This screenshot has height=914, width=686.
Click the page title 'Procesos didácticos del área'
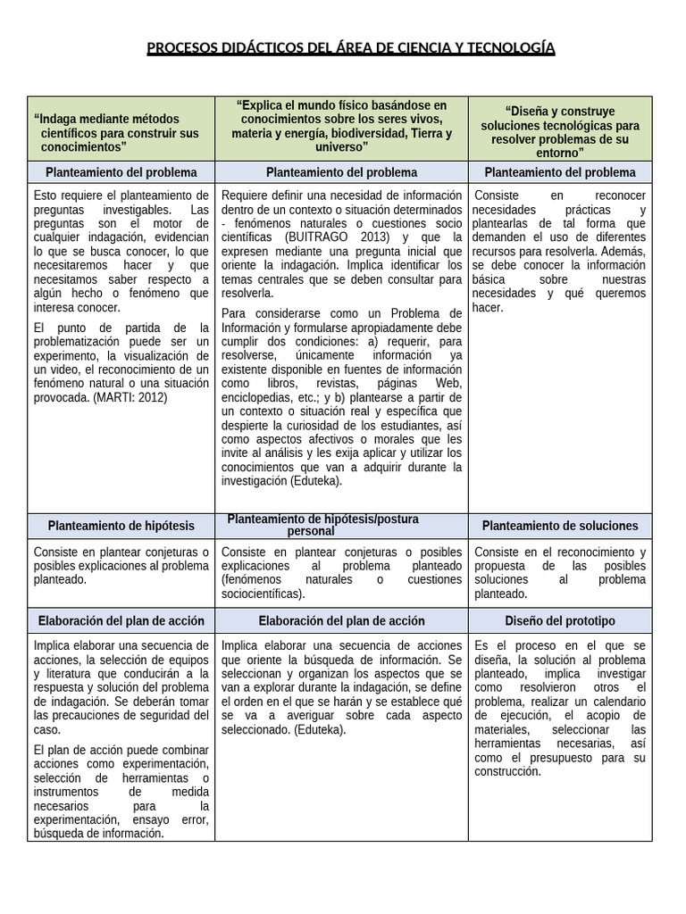(x=350, y=47)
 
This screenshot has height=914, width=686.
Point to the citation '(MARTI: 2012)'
(x=130, y=397)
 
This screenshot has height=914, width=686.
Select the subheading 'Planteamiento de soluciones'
(x=560, y=526)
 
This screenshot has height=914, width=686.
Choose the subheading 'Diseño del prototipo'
(x=560, y=620)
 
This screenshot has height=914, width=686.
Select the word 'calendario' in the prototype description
(x=613, y=702)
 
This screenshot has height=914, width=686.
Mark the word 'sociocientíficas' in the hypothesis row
(x=262, y=594)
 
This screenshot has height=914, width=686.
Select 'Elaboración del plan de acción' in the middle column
(x=341, y=620)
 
